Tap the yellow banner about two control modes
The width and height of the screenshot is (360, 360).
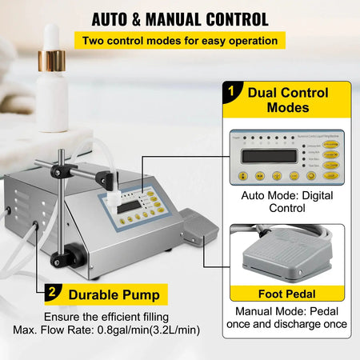179,39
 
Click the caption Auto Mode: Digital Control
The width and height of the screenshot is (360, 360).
290,201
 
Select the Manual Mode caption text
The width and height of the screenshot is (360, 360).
290,318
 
